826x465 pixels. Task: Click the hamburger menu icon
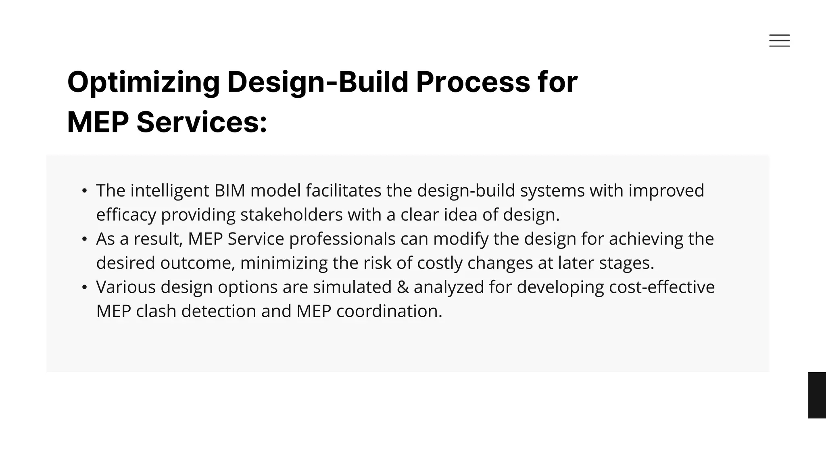click(779, 40)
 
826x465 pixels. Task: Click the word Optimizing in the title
click(143, 82)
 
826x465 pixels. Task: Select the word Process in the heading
click(473, 82)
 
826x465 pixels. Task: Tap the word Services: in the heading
click(202, 122)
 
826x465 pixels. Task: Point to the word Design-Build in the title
click(318, 82)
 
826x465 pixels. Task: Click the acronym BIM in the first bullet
click(230, 191)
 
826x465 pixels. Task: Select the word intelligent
click(170, 191)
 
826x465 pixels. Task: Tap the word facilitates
click(343, 191)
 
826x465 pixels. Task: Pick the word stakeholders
click(292, 215)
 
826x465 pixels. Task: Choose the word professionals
click(342, 239)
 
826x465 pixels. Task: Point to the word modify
click(461, 239)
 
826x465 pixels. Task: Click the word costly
click(440, 263)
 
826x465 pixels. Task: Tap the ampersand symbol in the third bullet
click(403, 287)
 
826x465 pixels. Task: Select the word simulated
click(352, 287)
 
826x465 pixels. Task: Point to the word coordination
click(389, 311)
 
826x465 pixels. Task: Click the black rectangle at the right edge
click(817, 395)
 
